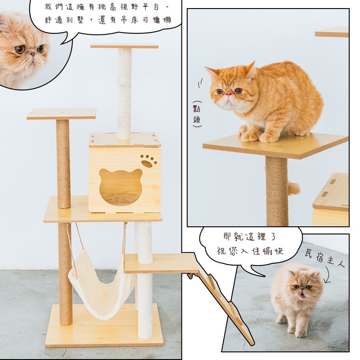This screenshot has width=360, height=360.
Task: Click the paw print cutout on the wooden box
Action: click(148, 161)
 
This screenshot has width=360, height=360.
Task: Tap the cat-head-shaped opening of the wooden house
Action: click(121, 187)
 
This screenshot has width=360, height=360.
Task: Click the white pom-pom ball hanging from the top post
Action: click(123, 81)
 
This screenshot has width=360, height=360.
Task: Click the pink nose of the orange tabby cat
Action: click(228, 94)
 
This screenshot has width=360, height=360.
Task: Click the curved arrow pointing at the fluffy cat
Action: click(328, 275)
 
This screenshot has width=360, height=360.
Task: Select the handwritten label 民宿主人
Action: click(324, 258)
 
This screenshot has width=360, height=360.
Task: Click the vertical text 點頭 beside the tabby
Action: click(197, 114)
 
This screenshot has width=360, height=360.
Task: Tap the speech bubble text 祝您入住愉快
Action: click(250, 251)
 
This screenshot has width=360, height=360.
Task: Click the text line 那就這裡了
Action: click(249, 237)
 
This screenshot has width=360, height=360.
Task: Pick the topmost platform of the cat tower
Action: click(125, 46)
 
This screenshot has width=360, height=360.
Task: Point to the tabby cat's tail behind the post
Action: click(294, 188)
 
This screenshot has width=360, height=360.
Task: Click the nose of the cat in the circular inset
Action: click(33, 54)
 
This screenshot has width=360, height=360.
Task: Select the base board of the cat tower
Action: click(104, 325)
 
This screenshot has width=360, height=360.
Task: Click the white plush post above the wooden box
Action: click(125, 94)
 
